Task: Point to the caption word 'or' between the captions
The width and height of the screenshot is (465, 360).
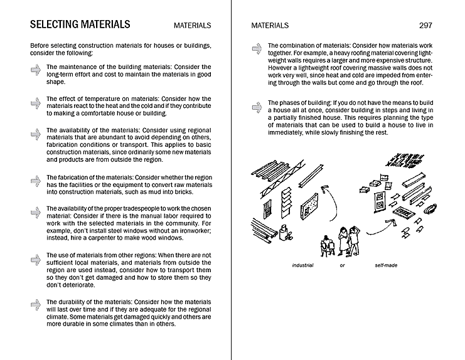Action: pyautogui.click(x=342, y=265)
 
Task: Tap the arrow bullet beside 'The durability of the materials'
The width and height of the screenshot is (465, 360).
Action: pyautogui.click(x=35, y=305)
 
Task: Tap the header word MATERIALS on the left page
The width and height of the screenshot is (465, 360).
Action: pyautogui.click(x=192, y=26)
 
